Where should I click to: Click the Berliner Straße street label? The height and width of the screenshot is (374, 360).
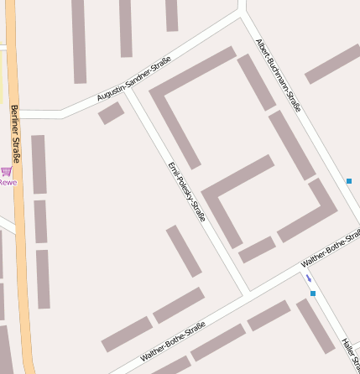[x=14, y=133]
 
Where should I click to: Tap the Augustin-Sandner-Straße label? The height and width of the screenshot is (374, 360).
[x=134, y=80]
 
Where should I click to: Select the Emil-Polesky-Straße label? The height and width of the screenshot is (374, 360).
[x=186, y=192]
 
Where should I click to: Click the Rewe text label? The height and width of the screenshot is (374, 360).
[x=8, y=182]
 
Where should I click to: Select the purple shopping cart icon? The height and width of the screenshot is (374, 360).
[x=7, y=171]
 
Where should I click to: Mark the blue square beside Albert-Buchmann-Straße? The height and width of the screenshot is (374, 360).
[x=348, y=181]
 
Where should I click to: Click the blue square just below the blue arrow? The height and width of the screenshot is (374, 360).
[x=313, y=293]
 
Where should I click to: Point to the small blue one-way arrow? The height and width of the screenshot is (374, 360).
[x=308, y=278]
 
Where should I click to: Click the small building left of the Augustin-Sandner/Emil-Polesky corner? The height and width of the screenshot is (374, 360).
[x=111, y=113]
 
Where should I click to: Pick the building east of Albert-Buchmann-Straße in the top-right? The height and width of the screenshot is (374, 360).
[x=332, y=64]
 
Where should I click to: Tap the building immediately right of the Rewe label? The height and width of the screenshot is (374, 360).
[x=39, y=164]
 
